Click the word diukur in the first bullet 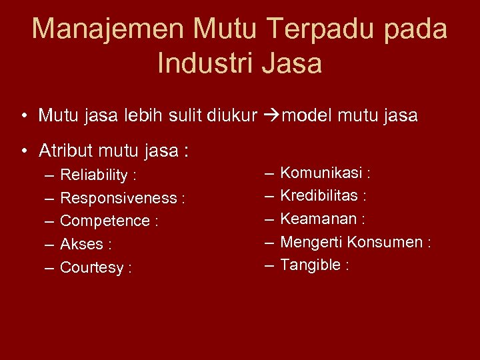(232, 116)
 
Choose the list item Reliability (94, 175)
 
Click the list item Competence (105, 221)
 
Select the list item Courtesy (92, 268)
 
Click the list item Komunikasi (322, 173)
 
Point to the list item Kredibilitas (319, 196)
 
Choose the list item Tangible (310, 265)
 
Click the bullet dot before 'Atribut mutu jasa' (23, 151)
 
